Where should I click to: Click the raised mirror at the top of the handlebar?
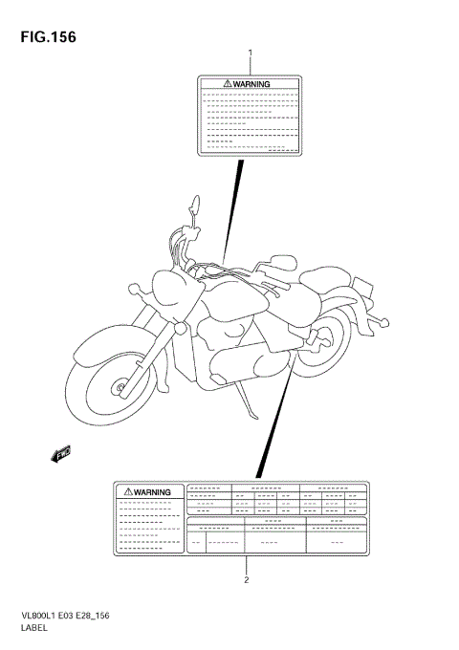click(x=194, y=205)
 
